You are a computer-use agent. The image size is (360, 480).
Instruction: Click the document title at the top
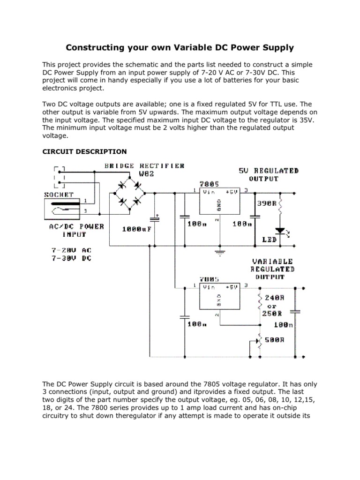(180, 47)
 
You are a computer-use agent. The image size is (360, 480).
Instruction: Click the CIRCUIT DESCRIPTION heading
(84, 151)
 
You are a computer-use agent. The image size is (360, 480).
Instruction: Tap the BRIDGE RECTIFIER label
(144, 165)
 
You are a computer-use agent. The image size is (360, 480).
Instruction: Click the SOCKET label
(60, 194)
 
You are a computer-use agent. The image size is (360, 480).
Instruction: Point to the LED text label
(269, 240)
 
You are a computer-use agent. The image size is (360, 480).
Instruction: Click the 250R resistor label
(273, 313)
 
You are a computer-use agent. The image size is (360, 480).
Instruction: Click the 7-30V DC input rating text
(72, 258)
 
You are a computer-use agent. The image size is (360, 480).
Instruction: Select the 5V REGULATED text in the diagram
(269, 171)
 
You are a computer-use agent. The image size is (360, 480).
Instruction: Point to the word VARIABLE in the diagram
(272, 261)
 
